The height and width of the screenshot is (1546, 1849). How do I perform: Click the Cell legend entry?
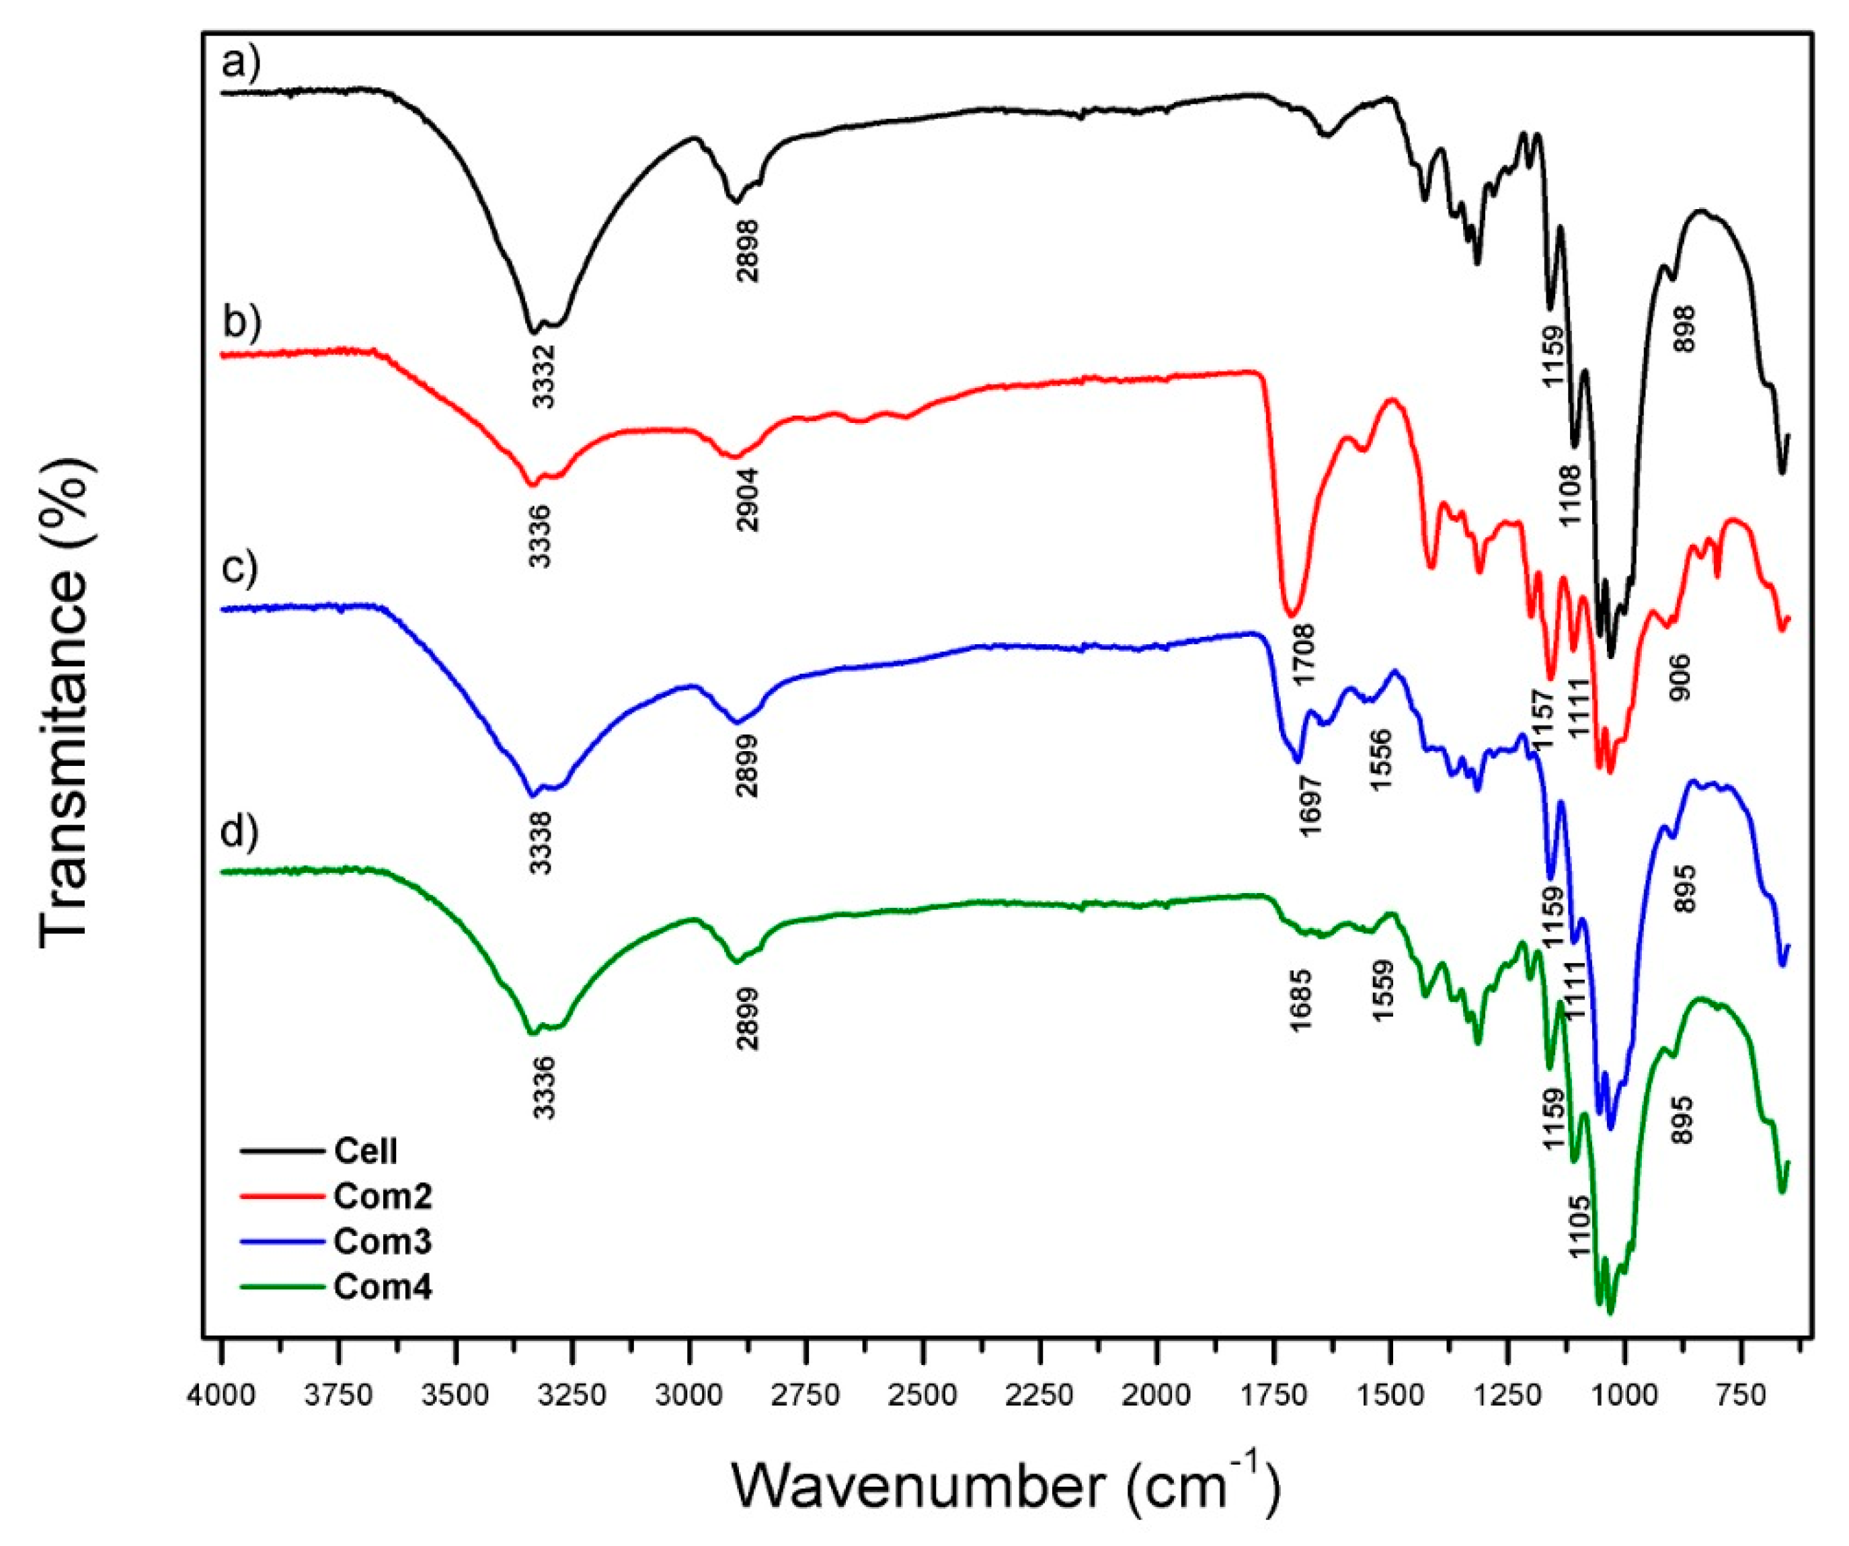tap(365, 1151)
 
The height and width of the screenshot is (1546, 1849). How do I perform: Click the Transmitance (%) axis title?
tap(65, 704)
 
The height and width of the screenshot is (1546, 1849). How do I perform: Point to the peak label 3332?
tap(543, 376)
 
